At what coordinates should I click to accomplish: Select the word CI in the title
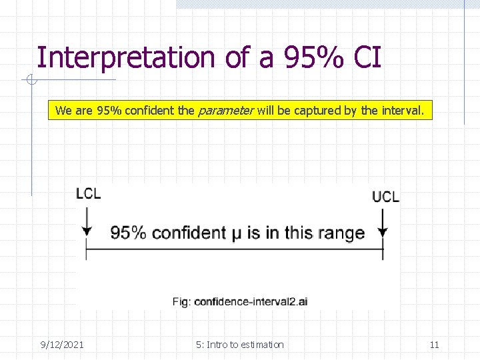[x=367, y=57]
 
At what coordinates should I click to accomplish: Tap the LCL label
[x=89, y=194]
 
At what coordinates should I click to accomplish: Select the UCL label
[x=385, y=196]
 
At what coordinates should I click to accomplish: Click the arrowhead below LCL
[x=87, y=231]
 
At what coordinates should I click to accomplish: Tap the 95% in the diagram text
[x=129, y=233]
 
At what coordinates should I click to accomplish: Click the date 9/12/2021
[x=61, y=345]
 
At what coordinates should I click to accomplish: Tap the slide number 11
[x=434, y=345]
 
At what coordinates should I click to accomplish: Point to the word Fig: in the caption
[x=181, y=301]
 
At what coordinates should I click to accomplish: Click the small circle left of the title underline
[x=30, y=81]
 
